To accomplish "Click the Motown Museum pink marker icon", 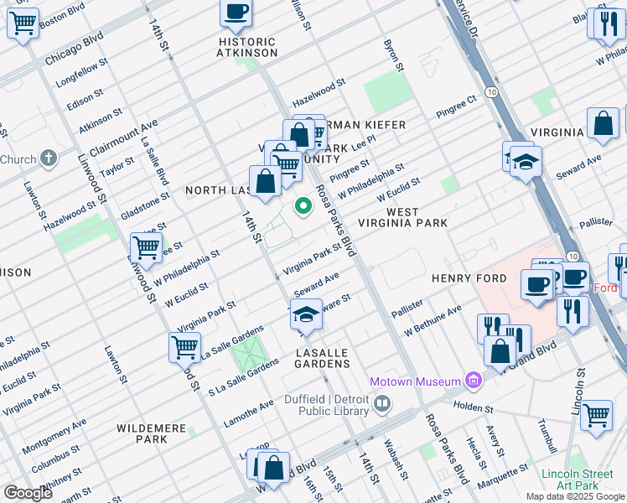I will [x=474, y=381].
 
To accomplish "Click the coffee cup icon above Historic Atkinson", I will [x=236, y=13].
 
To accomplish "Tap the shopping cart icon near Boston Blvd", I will [x=23, y=23].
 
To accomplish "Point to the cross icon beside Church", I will [x=49, y=158].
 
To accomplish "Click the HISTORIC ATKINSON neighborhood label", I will [x=247, y=48].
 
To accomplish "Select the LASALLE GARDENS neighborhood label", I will [x=322, y=358].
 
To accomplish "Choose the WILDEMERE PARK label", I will [x=151, y=433].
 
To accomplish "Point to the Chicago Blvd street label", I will [x=74, y=49].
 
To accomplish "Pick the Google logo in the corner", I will [x=28, y=493].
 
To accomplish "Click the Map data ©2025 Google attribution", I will [x=574, y=496].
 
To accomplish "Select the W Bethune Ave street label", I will [x=433, y=321].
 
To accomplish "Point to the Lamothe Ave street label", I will [x=249, y=413].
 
